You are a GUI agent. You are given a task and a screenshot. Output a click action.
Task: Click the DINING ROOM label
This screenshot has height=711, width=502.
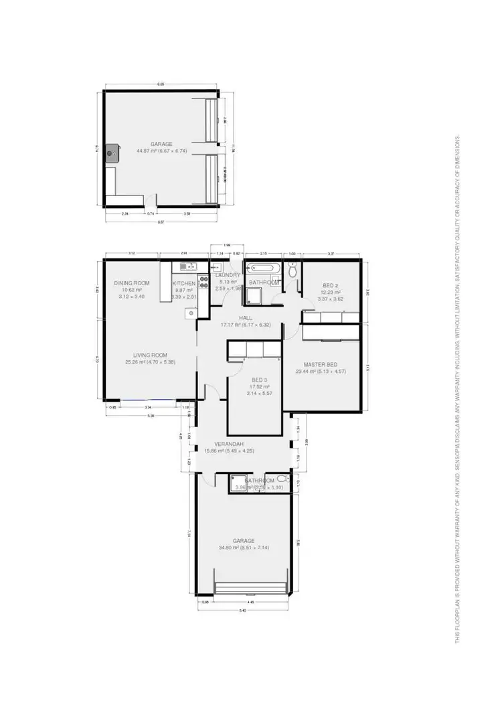(131, 283)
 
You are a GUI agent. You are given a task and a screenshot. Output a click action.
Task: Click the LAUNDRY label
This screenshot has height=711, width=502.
(228, 275)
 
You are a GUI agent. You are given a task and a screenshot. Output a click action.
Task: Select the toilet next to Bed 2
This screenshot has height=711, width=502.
(292, 272)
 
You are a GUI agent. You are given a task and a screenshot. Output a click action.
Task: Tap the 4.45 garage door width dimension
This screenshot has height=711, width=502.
(250, 601)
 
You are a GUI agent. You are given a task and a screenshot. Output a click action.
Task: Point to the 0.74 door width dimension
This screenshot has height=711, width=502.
(150, 214)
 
